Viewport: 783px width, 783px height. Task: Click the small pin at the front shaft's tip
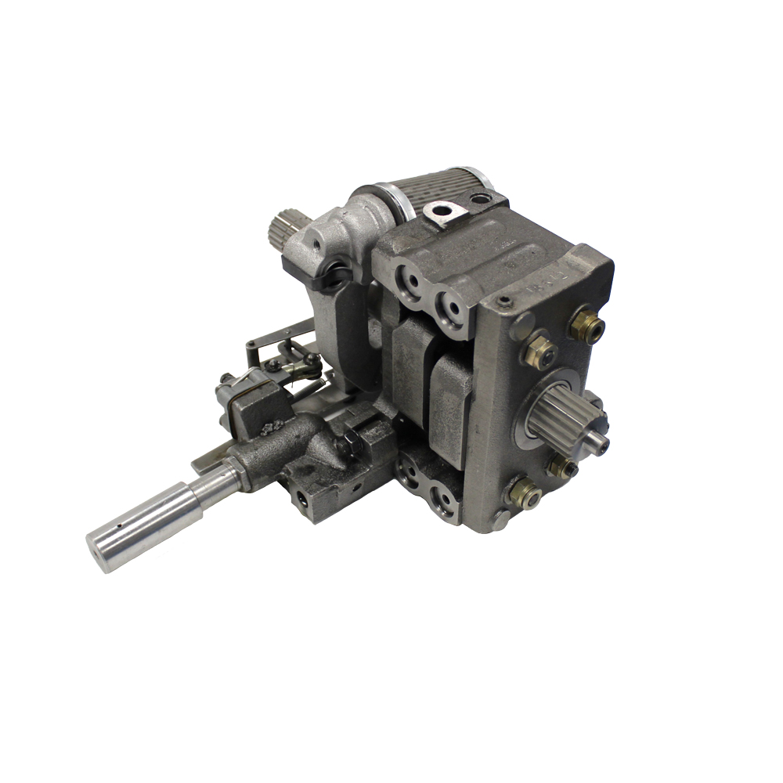click(x=601, y=444)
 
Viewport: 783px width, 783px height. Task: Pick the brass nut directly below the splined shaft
click(x=561, y=467)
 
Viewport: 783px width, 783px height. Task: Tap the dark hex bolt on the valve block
click(x=350, y=446)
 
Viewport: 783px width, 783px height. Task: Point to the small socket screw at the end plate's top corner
click(x=505, y=301)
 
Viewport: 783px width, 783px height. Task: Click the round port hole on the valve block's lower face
click(x=301, y=495)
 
